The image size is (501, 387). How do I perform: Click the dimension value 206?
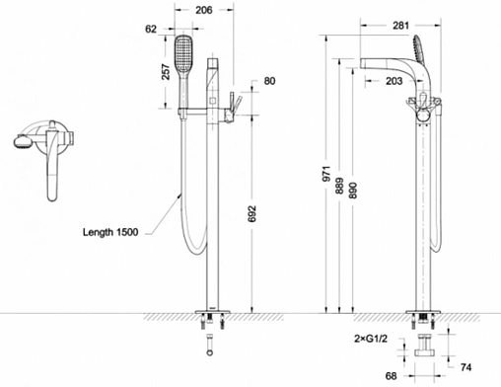click(204, 10)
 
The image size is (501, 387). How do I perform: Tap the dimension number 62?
click(151, 29)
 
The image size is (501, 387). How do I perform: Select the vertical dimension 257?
click(166, 72)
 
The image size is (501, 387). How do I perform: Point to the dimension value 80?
click(269, 81)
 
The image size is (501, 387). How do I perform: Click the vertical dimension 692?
click(251, 214)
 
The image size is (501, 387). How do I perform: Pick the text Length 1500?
click(110, 232)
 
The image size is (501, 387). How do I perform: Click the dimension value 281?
click(400, 26)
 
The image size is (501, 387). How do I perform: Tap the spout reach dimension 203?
click(394, 81)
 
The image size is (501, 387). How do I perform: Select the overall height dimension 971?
click(326, 174)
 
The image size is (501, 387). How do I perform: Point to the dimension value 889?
click(340, 186)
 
